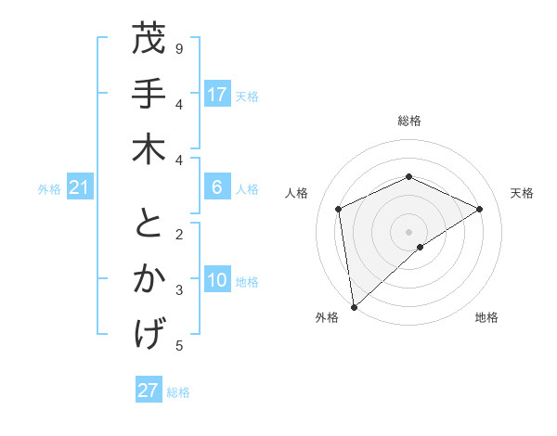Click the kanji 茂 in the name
149,41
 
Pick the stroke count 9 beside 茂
179,48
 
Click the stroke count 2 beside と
179,234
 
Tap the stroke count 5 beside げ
179,346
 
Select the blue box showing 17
217,95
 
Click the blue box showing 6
217,187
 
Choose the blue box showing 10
217,281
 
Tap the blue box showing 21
80,188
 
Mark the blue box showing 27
149,391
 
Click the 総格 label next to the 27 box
178,392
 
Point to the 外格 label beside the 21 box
49,189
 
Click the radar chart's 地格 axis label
486,318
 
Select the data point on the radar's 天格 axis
480,209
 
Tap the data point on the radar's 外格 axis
354,306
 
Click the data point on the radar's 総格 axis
408,176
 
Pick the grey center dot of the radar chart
408,231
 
